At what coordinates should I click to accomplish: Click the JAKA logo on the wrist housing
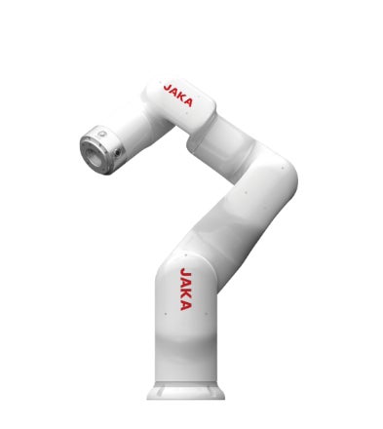[178, 95]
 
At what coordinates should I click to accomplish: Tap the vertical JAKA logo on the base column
[185, 289]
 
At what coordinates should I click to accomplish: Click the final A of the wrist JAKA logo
[189, 102]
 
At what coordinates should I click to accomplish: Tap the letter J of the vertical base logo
[185, 272]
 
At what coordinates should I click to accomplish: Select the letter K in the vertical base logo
[185, 294]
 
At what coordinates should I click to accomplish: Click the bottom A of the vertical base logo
[185, 306]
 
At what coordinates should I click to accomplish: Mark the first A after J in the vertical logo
[185, 283]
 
